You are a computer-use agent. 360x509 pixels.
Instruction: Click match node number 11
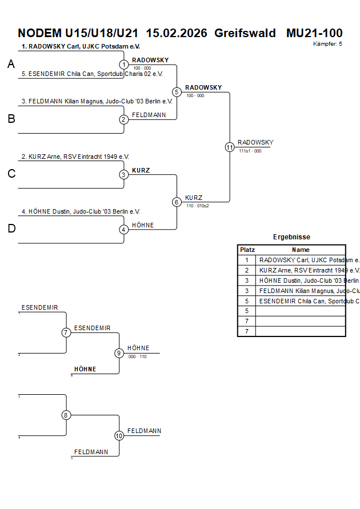pyautogui.click(x=230, y=147)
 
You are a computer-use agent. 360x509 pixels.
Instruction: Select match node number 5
pyautogui.click(x=177, y=92)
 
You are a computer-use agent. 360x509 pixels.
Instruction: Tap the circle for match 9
pyautogui.click(x=119, y=353)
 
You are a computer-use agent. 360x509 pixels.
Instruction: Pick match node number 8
pyautogui.click(x=66, y=415)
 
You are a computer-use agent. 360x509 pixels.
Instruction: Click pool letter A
pyautogui.click(x=11, y=65)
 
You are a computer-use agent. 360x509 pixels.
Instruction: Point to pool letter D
pyautogui.click(x=11, y=229)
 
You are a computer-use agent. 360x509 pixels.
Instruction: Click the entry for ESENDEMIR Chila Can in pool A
pyautogui.click(x=92, y=74)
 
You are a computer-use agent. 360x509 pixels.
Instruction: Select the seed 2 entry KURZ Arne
pyautogui.click(x=75, y=156)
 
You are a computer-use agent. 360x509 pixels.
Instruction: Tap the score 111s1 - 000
pyautogui.click(x=250, y=151)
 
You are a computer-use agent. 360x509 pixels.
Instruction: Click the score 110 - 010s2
pyautogui.click(x=197, y=206)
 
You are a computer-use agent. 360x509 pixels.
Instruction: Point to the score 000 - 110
pyautogui.click(x=137, y=356)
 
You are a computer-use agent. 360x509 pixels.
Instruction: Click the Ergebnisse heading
pyautogui.click(x=291, y=237)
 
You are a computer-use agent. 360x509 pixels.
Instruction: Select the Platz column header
pyautogui.click(x=247, y=250)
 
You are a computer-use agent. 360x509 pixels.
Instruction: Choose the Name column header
pyautogui.click(x=301, y=250)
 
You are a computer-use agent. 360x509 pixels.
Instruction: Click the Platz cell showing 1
pyautogui.click(x=247, y=260)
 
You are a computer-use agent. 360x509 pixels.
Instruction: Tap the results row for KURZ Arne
pyautogui.click(x=302, y=270)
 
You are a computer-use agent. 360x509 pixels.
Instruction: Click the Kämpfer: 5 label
pyautogui.click(x=328, y=44)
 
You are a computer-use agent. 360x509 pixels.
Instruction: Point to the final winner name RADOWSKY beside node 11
pyautogui.click(x=255, y=142)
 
